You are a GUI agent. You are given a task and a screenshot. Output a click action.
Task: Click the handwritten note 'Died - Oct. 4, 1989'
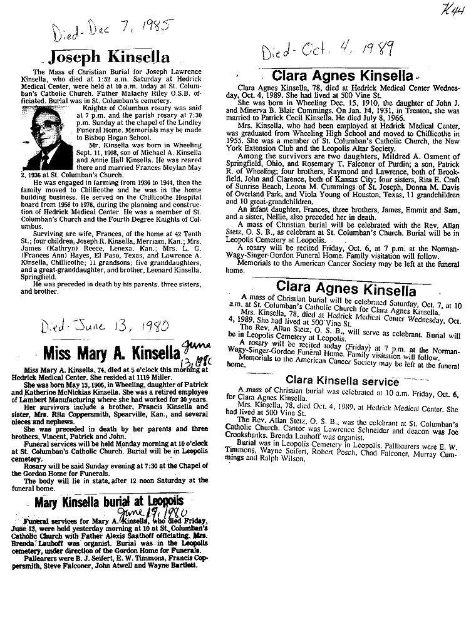click(328, 48)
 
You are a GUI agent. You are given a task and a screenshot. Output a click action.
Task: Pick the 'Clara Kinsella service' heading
click(342, 380)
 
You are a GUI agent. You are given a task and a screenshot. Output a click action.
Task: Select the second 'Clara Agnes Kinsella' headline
click(346, 289)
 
